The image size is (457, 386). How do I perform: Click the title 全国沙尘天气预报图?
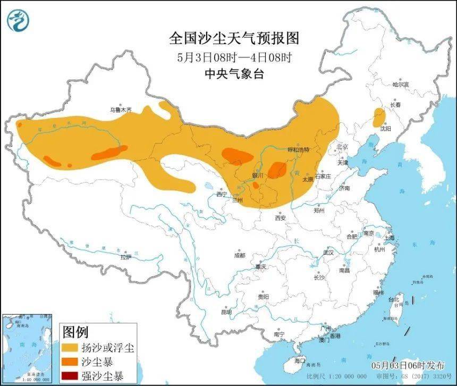(x=234, y=39)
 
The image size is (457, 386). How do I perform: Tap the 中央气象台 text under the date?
(x=234, y=74)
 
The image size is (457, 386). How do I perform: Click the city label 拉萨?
(x=125, y=257)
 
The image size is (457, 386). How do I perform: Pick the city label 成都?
(x=240, y=255)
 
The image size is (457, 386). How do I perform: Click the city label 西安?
(x=281, y=217)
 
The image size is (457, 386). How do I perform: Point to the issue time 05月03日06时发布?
(x=408, y=365)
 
